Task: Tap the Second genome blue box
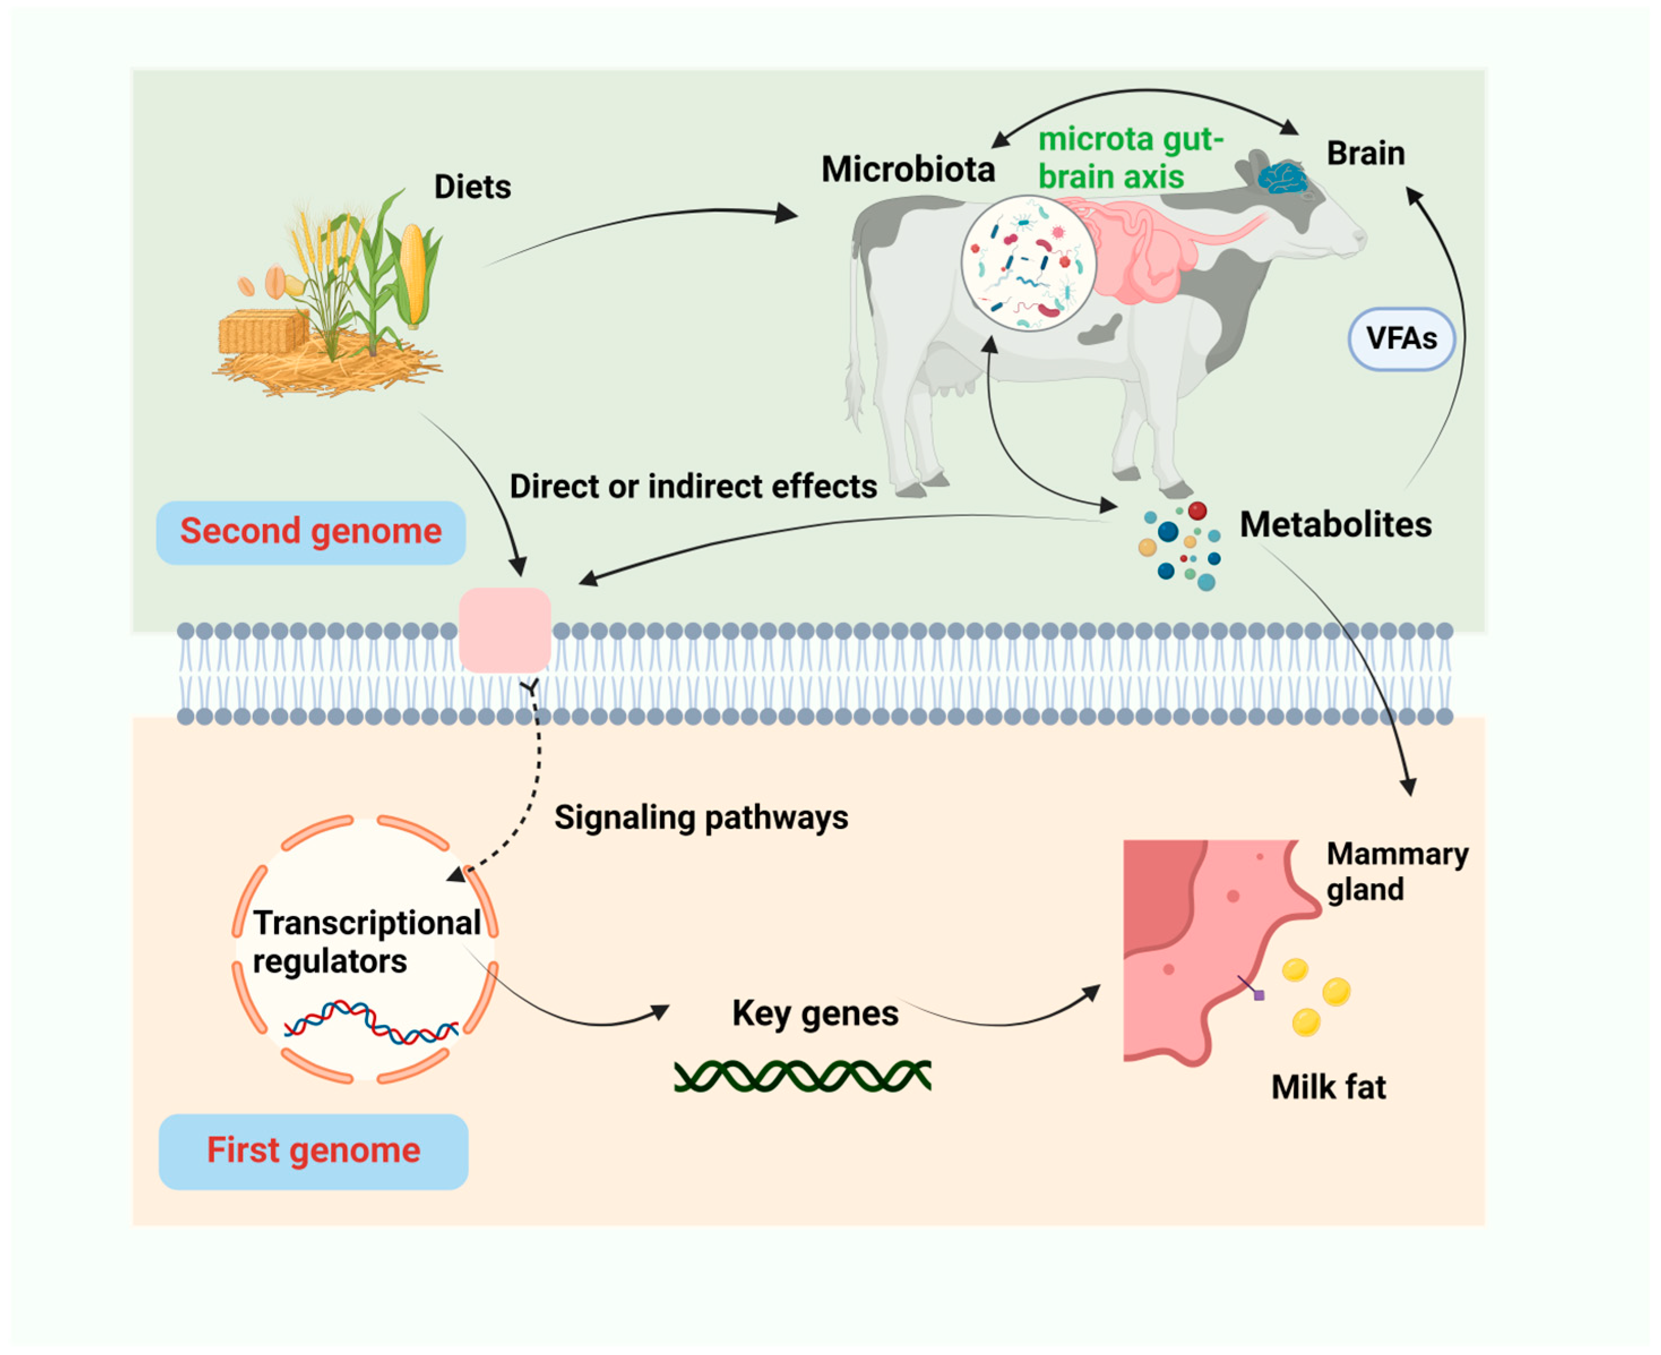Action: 310,532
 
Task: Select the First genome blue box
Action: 313,1151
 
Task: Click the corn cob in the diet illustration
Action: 413,274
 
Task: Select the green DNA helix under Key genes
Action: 801,1076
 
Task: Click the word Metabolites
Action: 1335,524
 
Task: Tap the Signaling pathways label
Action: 701,817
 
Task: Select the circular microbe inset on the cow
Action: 1028,263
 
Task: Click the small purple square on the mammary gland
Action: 1258,995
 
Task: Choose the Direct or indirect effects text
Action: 693,486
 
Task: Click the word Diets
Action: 472,187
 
